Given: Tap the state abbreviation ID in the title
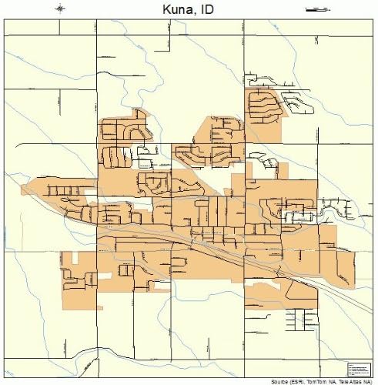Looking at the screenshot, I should tap(205, 8).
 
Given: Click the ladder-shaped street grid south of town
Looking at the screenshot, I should tap(293, 317).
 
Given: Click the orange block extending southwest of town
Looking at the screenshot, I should tap(77, 273).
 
